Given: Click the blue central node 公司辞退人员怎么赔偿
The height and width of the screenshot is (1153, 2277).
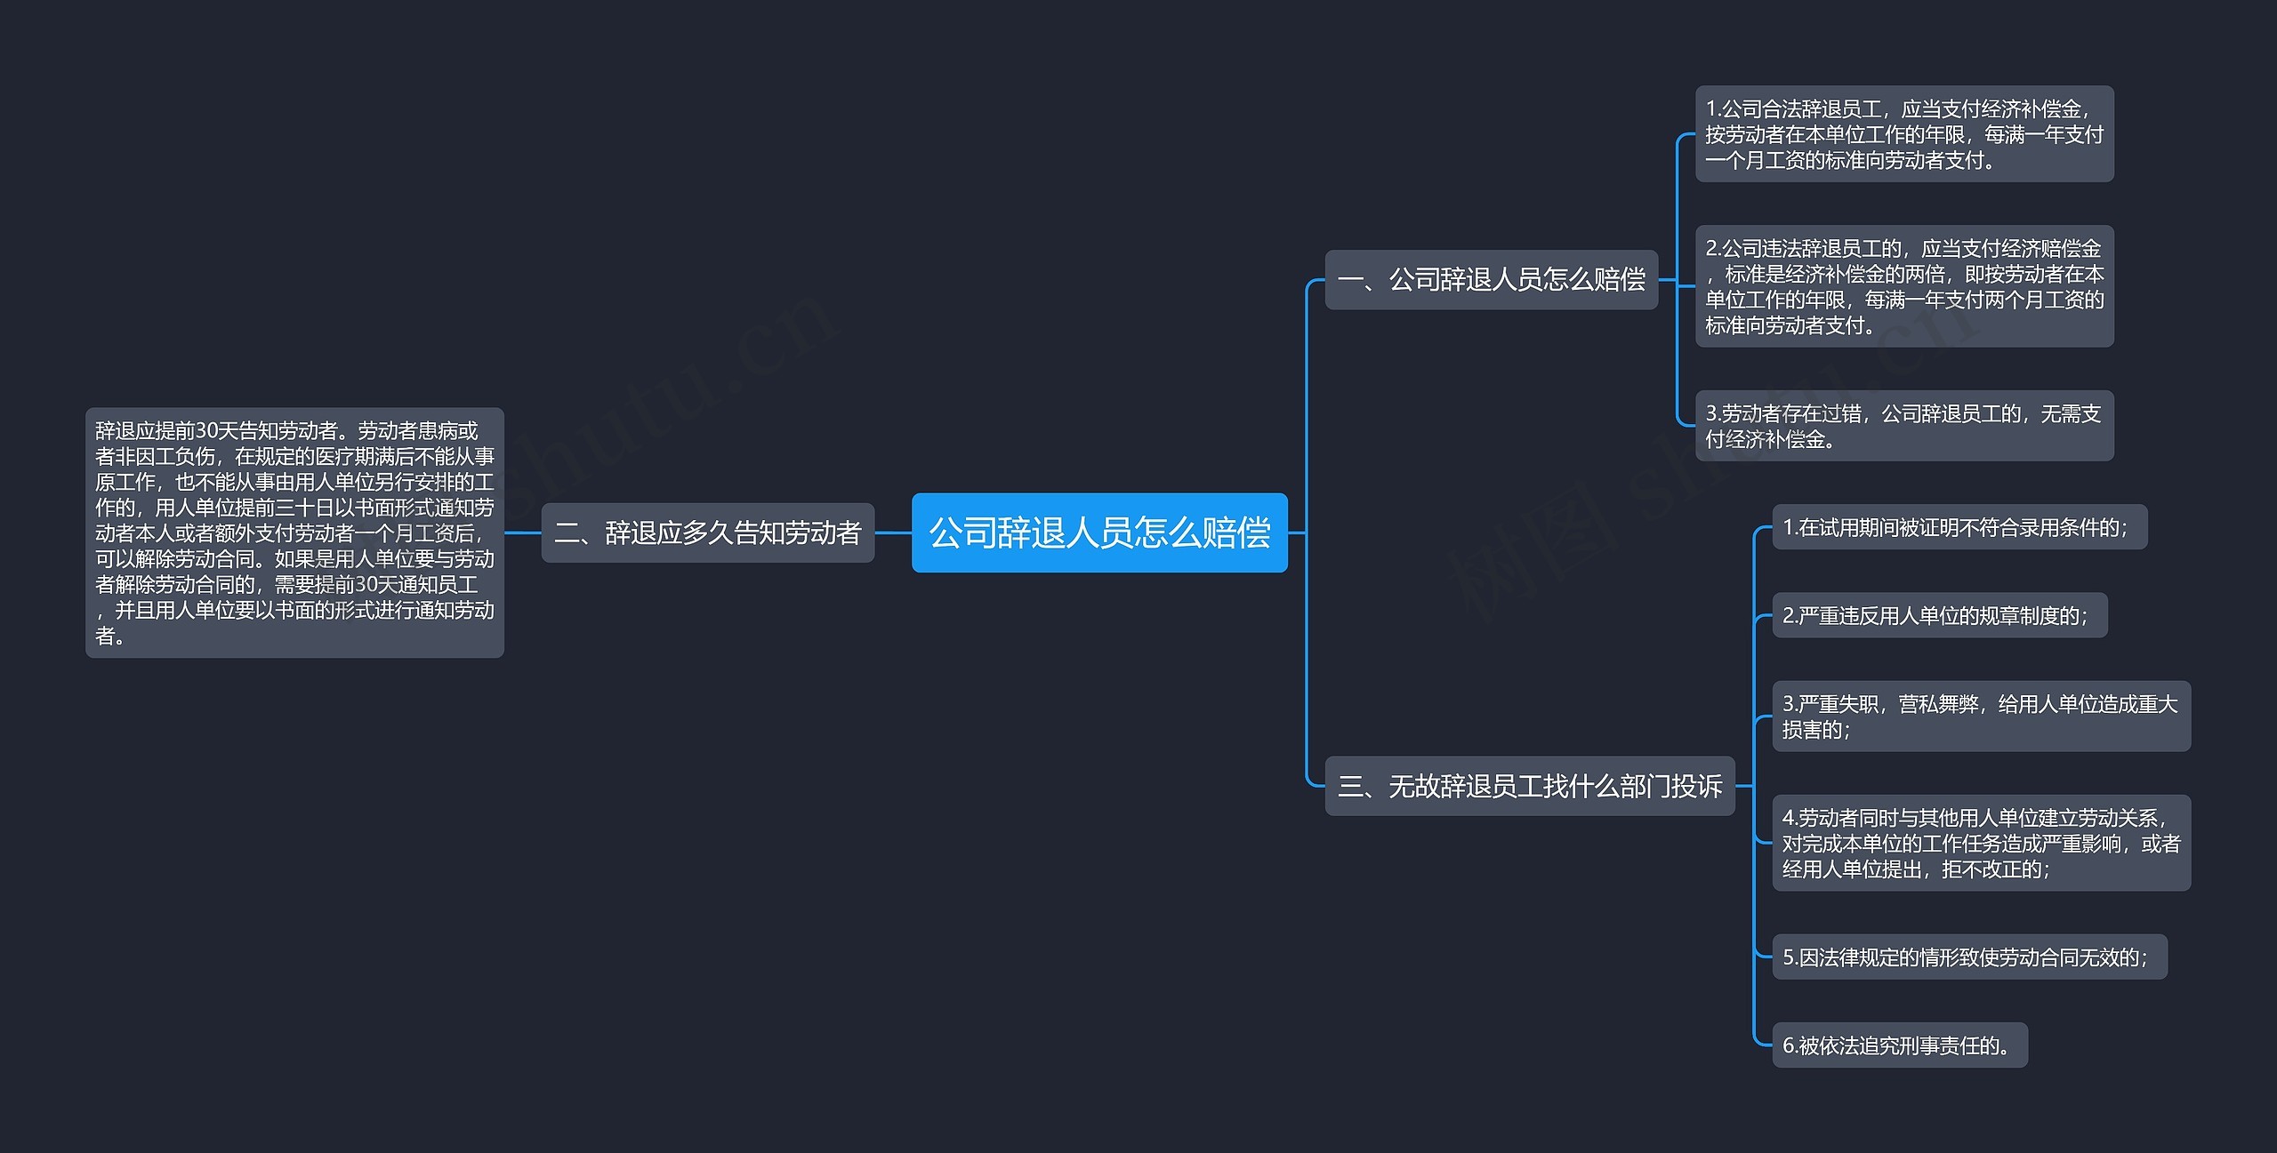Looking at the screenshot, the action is tap(1099, 532).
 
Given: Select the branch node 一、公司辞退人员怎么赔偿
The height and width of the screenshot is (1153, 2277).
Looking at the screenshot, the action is tap(1491, 280).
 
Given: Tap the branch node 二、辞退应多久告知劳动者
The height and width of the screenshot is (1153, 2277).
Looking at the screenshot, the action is tap(708, 532).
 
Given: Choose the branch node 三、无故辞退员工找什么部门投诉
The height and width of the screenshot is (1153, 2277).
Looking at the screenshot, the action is tap(1530, 786).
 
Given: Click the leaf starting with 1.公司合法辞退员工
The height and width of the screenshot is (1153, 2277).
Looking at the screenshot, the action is tap(1903, 134).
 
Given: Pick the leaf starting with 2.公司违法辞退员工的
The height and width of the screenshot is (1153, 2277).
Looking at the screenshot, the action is tap(1903, 286).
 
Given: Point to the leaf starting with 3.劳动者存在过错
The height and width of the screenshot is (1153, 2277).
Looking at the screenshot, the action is tap(1903, 426).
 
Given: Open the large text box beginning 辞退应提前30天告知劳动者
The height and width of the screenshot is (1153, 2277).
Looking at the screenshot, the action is tap(294, 532).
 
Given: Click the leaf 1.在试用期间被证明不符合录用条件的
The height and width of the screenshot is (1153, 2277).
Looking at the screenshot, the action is tap(1959, 527).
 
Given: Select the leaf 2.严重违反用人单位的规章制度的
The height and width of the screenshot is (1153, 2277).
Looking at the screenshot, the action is tap(1939, 615).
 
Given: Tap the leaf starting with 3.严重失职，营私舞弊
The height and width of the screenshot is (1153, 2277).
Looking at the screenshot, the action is tap(1981, 717).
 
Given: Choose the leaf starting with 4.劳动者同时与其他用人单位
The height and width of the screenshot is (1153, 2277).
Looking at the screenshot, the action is tap(1981, 843).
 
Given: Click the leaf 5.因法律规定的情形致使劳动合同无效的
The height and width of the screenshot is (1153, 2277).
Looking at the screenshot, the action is tap(1969, 957).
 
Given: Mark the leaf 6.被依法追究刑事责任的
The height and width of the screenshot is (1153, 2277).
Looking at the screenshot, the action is tap(1899, 1045).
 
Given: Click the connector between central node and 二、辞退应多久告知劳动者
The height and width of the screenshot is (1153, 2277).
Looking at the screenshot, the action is tap(893, 532).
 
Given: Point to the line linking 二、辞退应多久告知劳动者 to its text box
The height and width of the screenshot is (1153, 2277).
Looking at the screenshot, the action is tap(523, 532).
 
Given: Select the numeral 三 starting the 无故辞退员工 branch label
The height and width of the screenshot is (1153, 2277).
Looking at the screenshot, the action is tap(1350, 787).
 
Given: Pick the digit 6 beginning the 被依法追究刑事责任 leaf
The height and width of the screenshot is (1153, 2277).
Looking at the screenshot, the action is tap(1789, 1046).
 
